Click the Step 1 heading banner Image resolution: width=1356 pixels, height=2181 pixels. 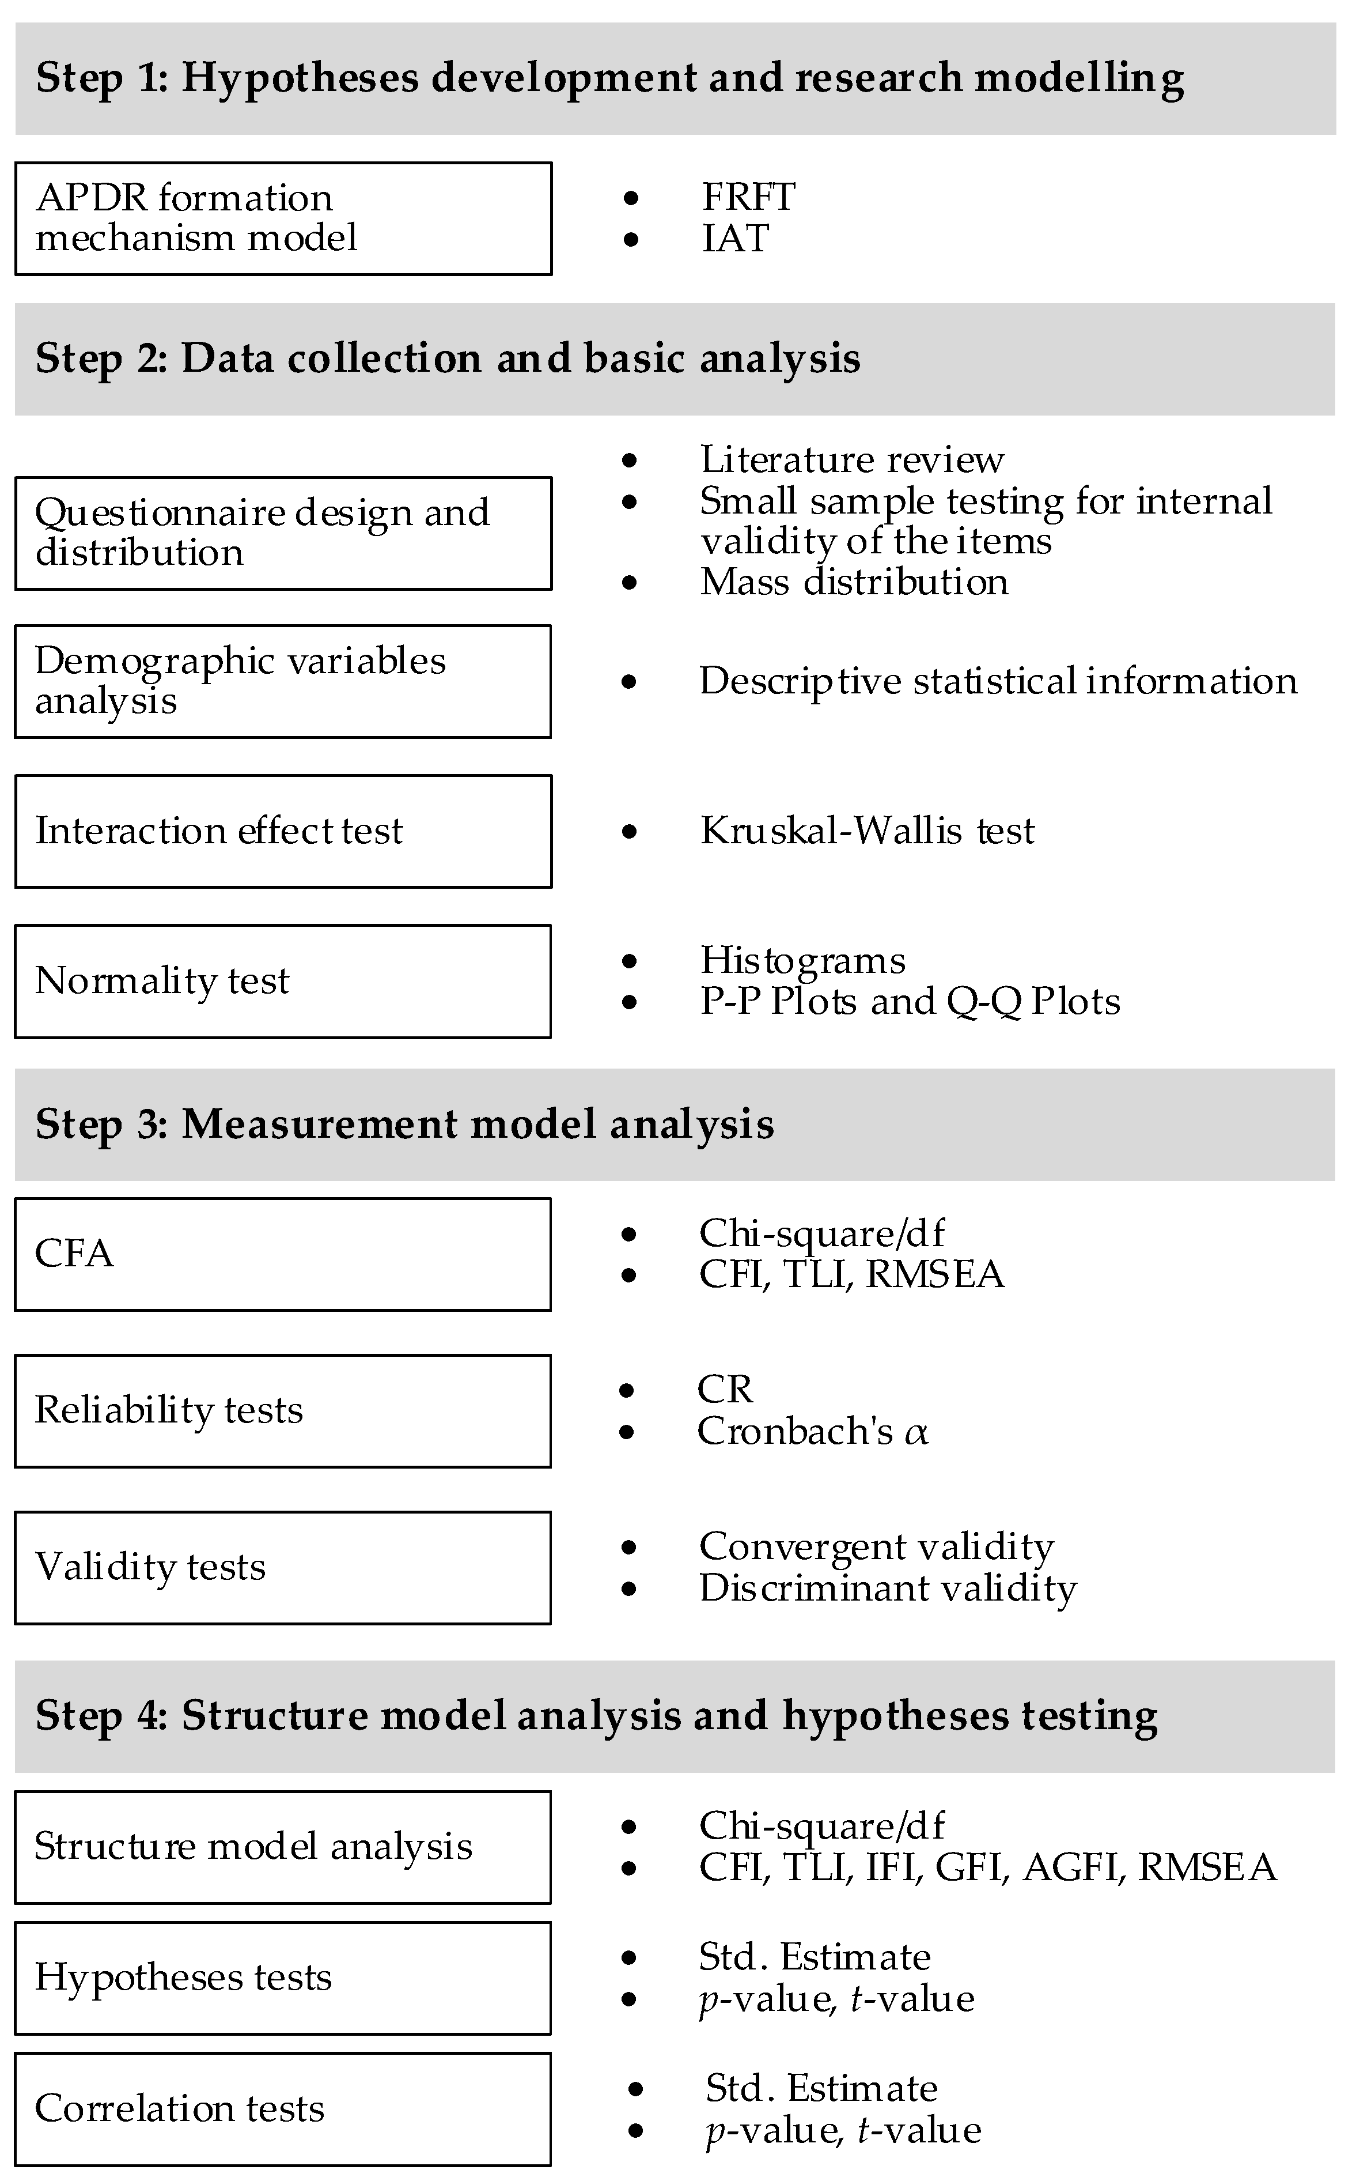pos(675,79)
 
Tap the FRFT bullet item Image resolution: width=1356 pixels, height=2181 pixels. pos(748,197)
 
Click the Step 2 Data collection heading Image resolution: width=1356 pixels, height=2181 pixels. pos(675,359)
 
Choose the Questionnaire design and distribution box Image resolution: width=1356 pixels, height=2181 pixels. pos(283,533)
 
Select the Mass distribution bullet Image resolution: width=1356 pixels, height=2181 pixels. pos(854,582)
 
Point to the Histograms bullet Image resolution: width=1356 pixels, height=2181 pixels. pos(802,960)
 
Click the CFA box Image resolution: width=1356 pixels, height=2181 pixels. pos(283,1254)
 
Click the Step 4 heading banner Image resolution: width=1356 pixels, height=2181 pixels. pos(675,1716)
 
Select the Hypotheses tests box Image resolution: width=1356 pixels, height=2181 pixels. pos(283,1978)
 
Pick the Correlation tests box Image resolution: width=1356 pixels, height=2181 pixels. pos(283,2108)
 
